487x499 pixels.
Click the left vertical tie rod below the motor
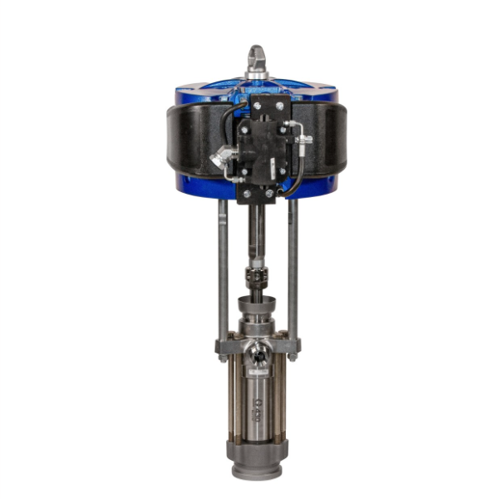click(x=224, y=266)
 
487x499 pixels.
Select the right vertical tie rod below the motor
click(x=293, y=266)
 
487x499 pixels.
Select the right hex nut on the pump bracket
click(x=293, y=345)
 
